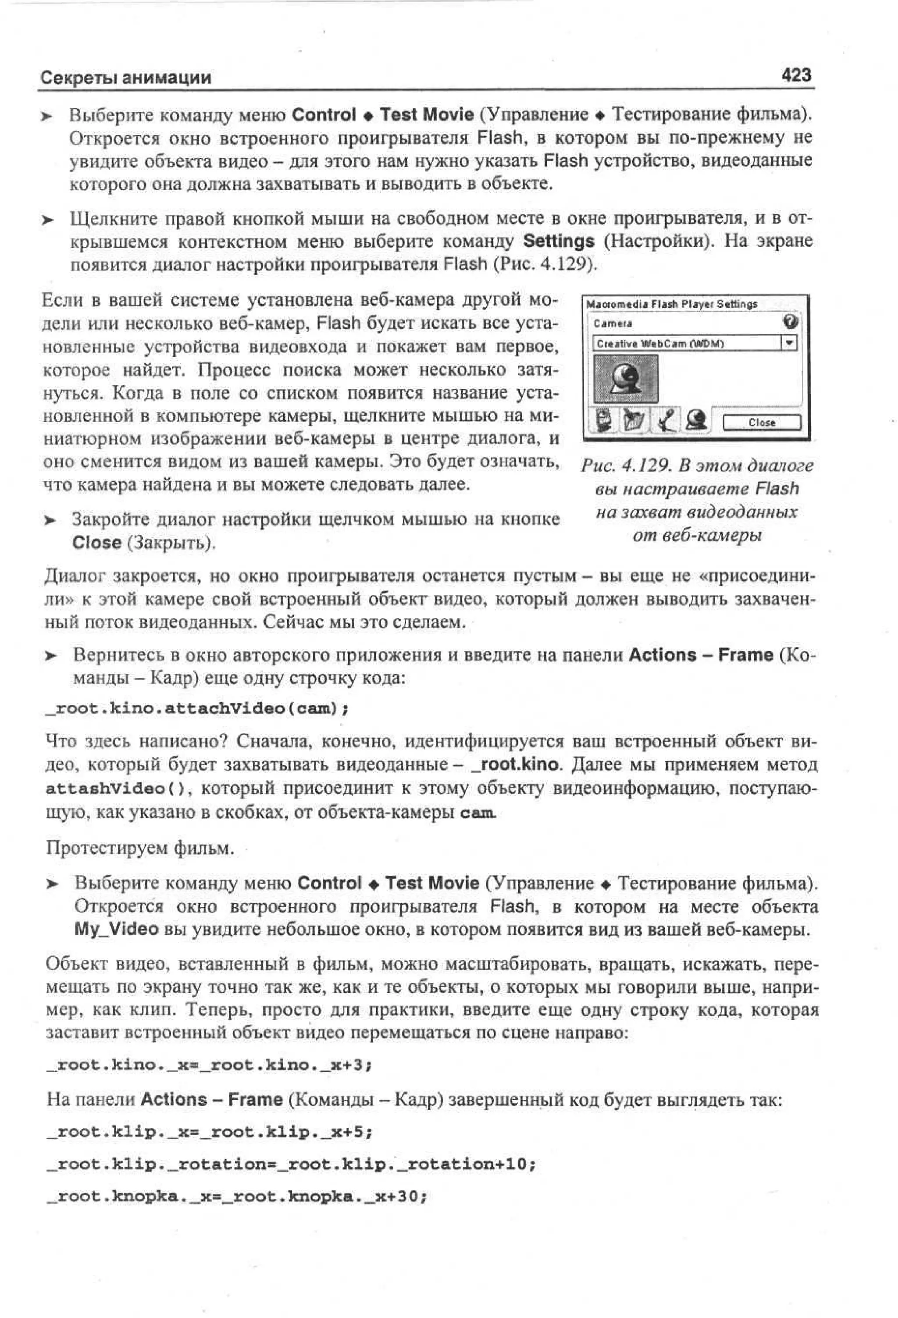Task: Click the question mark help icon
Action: (x=790, y=322)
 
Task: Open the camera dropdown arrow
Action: (x=789, y=343)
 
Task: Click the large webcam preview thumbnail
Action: (x=626, y=379)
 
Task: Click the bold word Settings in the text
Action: (x=558, y=241)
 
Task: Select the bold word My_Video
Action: (x=116, y=929)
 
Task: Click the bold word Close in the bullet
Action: (x=96, y=543)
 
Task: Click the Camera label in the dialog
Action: (x=613, y=324)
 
